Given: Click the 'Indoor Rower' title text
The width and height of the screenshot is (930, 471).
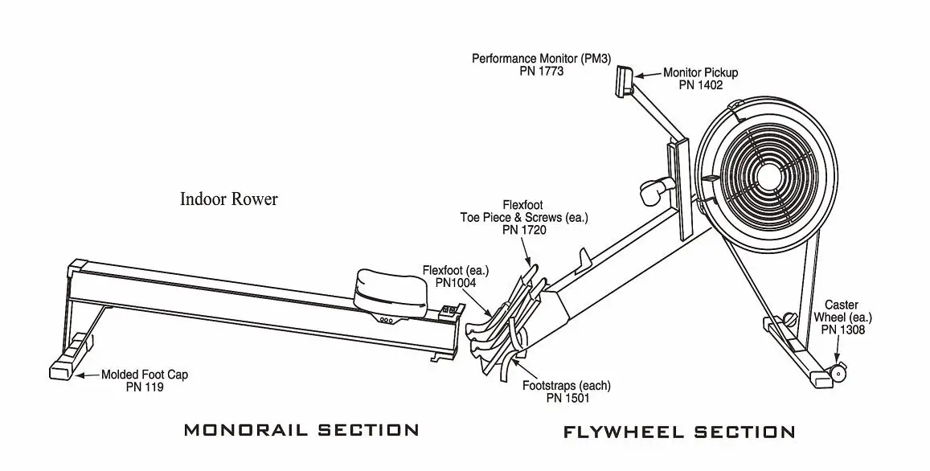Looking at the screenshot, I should [228, 199].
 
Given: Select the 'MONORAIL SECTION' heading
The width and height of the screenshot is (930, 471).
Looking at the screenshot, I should [301, 430].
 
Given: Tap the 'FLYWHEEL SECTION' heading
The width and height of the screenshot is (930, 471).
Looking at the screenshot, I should [679, 432].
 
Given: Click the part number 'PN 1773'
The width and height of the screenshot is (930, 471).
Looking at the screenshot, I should [541, 71].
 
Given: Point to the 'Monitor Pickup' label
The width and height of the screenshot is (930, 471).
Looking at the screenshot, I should [700, 72].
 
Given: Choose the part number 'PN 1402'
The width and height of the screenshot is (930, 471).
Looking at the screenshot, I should [700, 84].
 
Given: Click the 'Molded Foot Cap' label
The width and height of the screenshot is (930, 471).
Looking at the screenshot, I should [144, 375].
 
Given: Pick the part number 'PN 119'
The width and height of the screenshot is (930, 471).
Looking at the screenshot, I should [145, 387].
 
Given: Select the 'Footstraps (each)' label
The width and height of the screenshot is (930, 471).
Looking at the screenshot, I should [566, 386].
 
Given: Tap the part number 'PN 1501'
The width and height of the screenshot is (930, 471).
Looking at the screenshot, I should [566, 397].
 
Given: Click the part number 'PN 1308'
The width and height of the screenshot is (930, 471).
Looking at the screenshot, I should [842, 329].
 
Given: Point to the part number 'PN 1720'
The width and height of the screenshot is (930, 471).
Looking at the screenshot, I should [523, 229].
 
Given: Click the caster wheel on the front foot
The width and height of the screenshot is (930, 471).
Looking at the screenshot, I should [839, 373].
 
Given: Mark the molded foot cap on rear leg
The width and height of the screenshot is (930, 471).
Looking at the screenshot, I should [64, 369].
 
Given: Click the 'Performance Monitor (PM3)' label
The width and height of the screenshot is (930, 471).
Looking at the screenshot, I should [541, 59].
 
